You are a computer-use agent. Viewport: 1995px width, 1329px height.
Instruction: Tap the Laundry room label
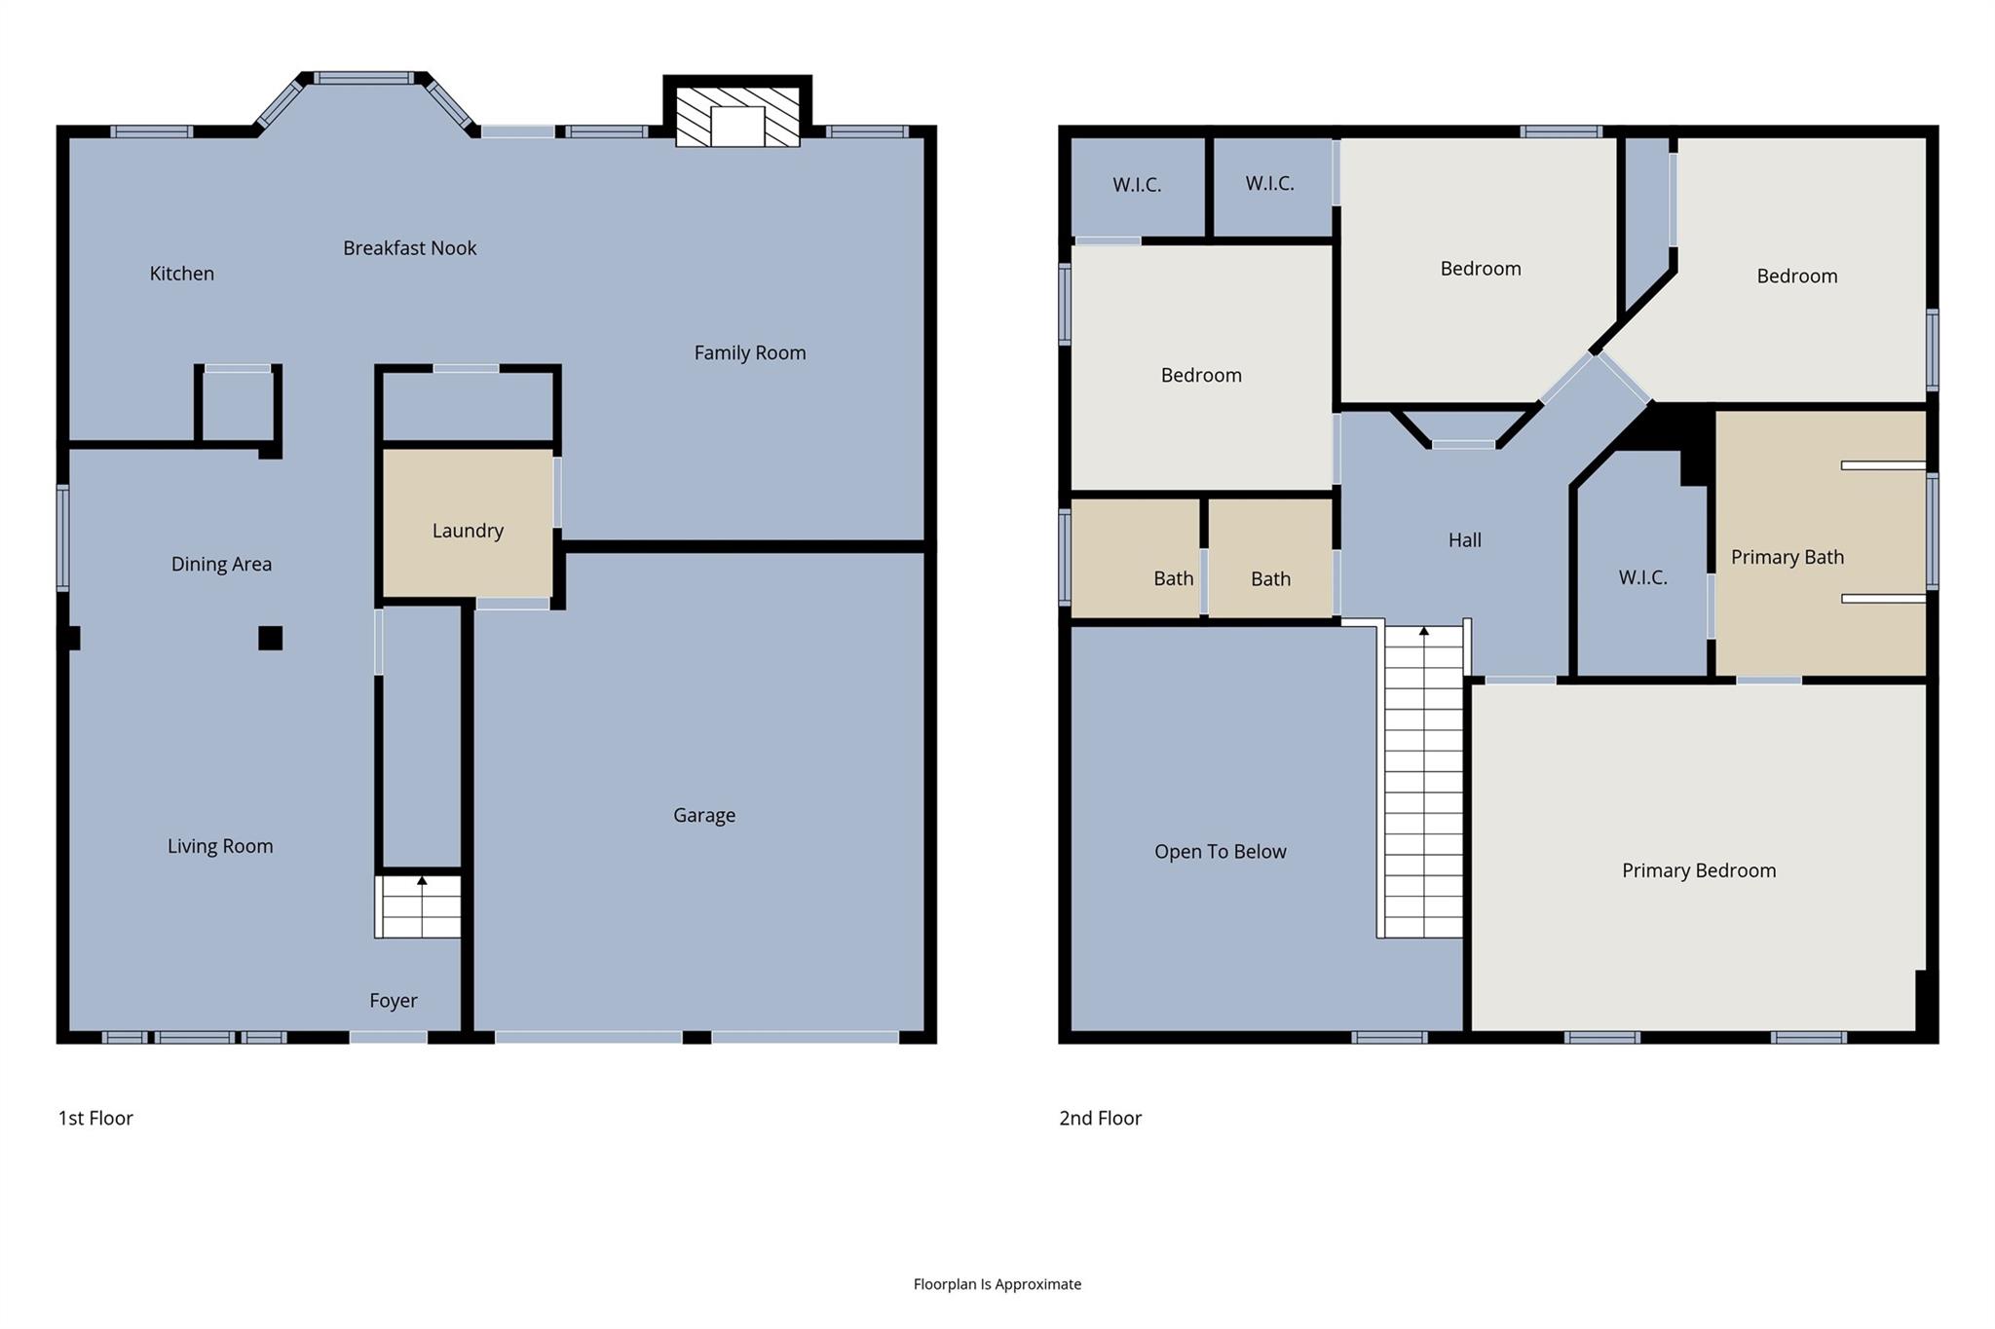[468, 531]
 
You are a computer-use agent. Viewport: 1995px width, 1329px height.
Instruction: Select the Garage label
[703, 815]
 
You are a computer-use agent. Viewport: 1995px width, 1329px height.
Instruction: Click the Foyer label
[393, 1000]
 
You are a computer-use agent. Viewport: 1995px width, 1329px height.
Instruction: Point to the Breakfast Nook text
[409, 248]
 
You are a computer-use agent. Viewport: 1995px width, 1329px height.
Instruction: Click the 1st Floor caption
[95, 1118]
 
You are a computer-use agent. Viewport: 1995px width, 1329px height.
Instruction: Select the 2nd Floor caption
[1100, 1118]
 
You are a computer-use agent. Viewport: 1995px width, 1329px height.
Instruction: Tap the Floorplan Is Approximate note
[997, 1284]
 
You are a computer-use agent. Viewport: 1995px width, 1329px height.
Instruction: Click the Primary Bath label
[1787, 557]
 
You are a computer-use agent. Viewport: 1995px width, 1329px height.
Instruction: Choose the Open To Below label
[1220, 852]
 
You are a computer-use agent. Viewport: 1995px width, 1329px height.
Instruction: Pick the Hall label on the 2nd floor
[1464, 540]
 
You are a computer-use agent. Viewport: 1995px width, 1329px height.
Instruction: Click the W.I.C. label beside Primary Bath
[1642, 577]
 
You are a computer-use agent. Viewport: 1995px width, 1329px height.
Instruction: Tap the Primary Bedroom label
[1698, 870]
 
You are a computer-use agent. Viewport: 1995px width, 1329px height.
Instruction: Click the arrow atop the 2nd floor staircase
[1423, 632]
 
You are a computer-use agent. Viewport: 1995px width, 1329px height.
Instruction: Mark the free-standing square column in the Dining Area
[270, 638]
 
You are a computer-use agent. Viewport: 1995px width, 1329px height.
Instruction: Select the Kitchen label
[181, 274]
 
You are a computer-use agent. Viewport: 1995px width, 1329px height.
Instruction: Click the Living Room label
[220, 846]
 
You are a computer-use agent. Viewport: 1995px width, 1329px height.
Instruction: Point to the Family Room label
[749, 352]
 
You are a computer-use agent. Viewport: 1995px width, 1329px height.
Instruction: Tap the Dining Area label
[221, 564]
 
